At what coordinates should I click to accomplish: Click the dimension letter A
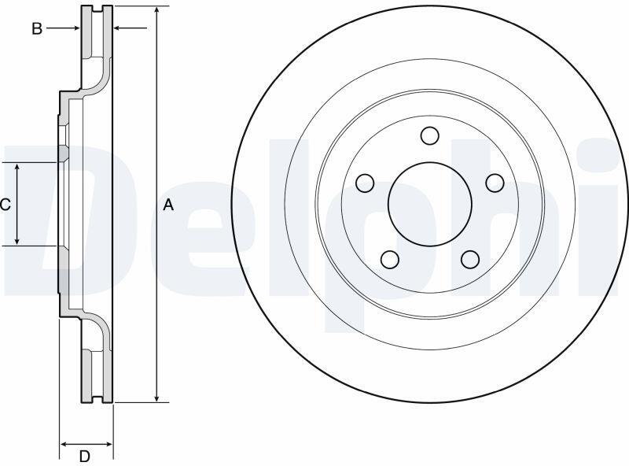point(168,205)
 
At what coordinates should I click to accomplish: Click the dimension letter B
point(37,28)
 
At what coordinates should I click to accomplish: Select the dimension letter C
point(6,205)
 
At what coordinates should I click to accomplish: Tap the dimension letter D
point(84,457)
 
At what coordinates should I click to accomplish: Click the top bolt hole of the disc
point(429,135)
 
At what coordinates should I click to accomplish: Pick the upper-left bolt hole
point(365,183)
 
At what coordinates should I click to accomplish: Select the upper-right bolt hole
point(495,183)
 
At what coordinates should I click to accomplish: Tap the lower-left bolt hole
point(389,260)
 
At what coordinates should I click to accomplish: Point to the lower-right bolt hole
point(470,260)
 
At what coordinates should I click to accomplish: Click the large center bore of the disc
point(429,204)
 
